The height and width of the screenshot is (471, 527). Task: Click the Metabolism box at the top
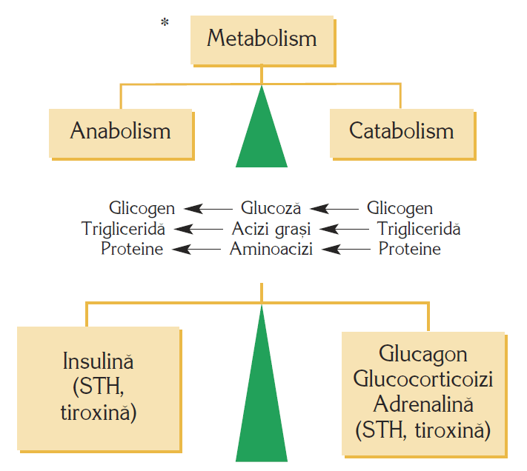(262, 39)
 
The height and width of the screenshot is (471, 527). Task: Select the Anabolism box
(121, 132)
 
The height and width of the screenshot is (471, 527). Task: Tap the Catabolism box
(401, 132)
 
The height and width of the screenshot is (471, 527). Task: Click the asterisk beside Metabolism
(165, 24)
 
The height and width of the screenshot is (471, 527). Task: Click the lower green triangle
(262, 400)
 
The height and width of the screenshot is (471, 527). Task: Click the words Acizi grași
(271, 229)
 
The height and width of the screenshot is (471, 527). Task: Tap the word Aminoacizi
(271, 249)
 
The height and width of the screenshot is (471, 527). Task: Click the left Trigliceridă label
(124, 229)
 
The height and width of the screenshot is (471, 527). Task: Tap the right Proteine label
(409, 249)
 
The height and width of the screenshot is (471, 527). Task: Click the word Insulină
(99, 364)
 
